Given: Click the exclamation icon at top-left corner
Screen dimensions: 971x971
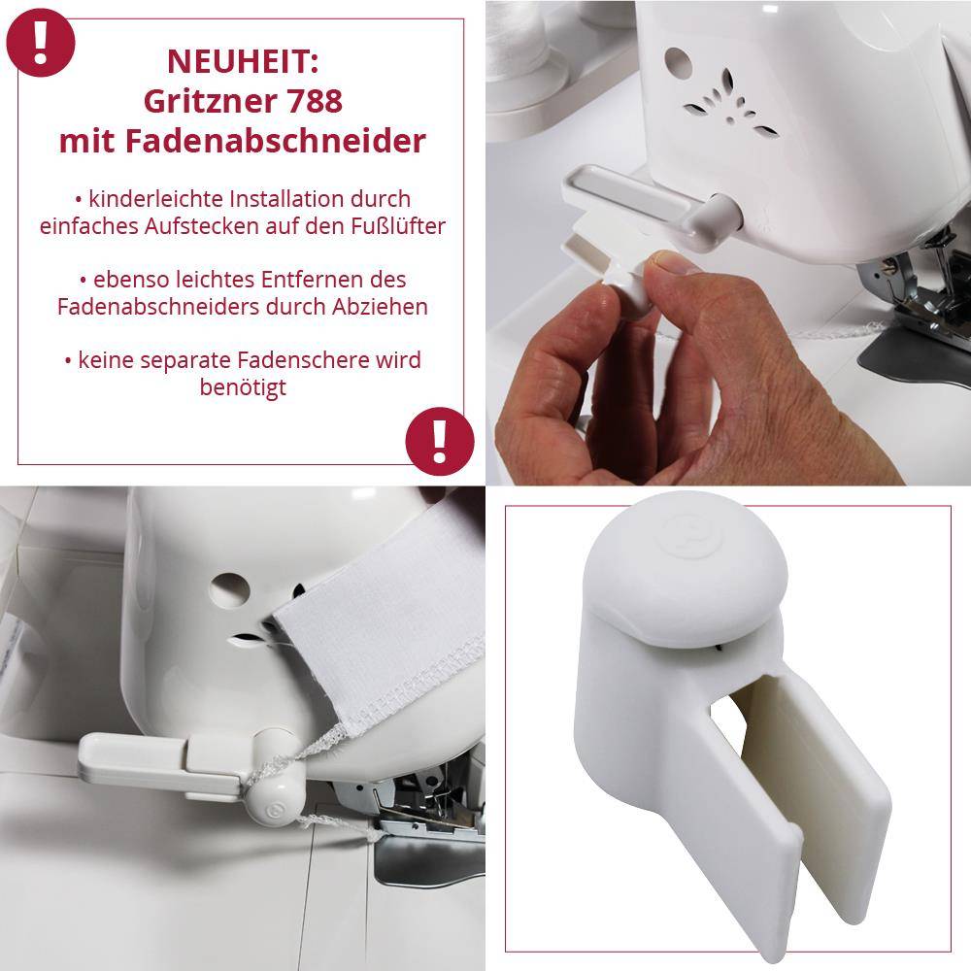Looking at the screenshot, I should click(x=39, y=38).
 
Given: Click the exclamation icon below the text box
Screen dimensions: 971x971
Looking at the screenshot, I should click(x=439, y=442).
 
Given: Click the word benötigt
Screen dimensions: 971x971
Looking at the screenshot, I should click(x=242, y=387).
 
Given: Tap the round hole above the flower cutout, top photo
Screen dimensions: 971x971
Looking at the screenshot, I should click(x=677, y=60).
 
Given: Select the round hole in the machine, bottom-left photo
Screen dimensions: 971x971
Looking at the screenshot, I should click(x=229, y=586).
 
